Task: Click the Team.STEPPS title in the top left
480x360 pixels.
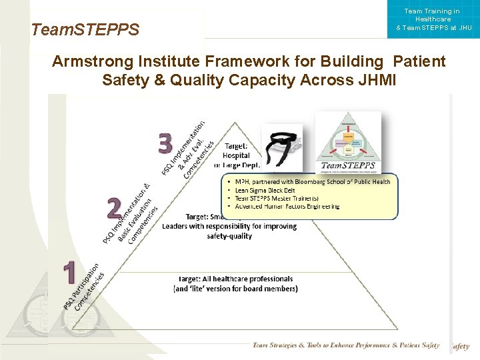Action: (85, 30)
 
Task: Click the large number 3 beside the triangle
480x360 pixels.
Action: (165, 143)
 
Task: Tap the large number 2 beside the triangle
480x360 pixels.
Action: (114, 209)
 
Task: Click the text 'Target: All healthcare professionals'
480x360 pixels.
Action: (235, 279)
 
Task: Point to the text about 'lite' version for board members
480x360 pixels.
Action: (235, 289)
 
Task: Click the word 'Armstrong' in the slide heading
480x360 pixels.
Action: (93, 62)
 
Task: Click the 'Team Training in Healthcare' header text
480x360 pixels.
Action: (432, 15)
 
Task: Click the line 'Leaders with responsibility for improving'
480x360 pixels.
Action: (229, 226)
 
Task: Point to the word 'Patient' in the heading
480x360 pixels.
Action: (419, 62)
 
